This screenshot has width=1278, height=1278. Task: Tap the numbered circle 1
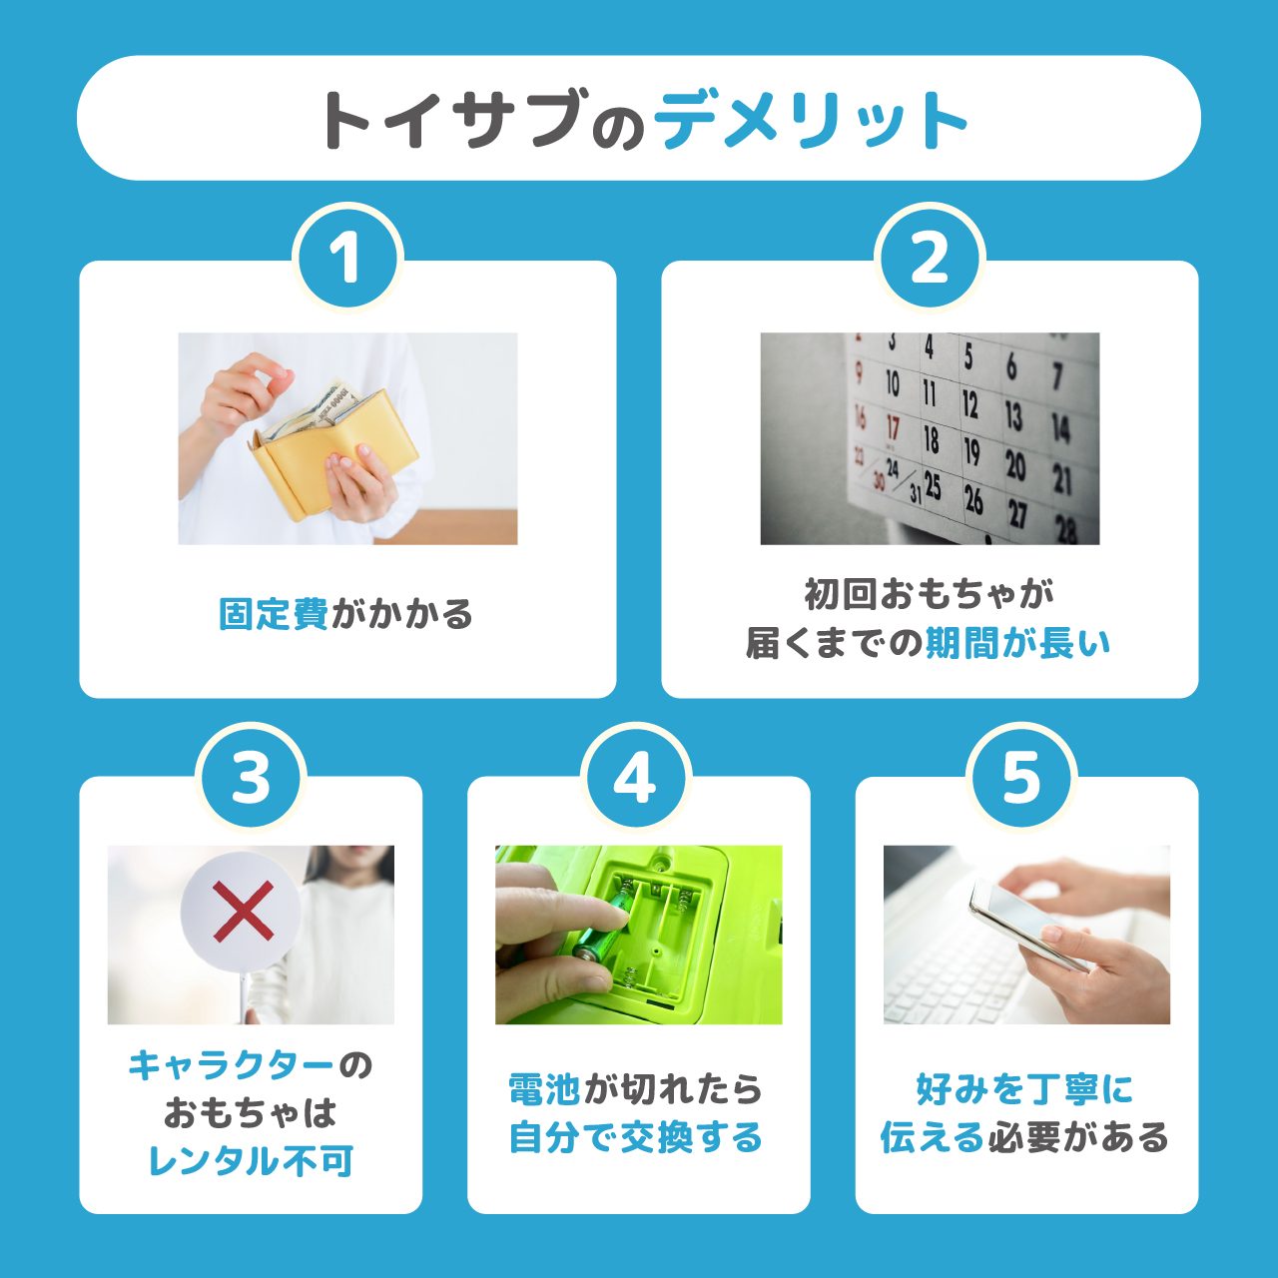coord(346,258)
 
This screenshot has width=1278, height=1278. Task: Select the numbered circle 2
coord(930,258)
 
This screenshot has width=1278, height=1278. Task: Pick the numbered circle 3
coord(251,777)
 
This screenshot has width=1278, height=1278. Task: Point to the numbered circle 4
coord(636,777)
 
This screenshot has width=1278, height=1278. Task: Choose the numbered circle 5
coord(1021,777)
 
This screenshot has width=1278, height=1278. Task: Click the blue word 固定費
coord(273,614)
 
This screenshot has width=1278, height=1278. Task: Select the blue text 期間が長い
coord(1017,644)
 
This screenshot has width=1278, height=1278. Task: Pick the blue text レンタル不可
coord(251,1161)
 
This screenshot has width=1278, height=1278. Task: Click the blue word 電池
coord(544,1089)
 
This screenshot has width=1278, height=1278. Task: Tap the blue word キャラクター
coord(231,1065)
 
